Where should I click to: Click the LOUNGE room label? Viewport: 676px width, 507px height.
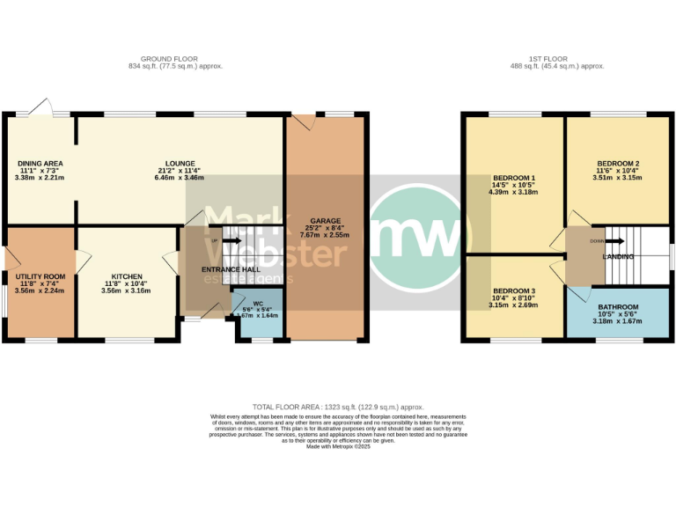176,163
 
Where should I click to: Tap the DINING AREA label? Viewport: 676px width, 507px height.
40,163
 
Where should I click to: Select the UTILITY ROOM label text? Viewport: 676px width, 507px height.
40,276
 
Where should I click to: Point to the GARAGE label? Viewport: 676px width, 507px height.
325,221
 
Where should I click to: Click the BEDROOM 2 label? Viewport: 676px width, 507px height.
617,164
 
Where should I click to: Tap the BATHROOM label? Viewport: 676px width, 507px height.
617,306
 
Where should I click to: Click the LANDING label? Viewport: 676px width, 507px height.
617,256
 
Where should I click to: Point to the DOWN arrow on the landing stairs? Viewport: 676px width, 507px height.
608,241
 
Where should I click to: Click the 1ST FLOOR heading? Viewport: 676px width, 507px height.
561,58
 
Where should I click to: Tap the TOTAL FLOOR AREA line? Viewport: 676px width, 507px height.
338,407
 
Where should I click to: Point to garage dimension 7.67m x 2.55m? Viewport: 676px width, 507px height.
325,235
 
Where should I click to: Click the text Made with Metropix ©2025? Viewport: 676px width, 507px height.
338,447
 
